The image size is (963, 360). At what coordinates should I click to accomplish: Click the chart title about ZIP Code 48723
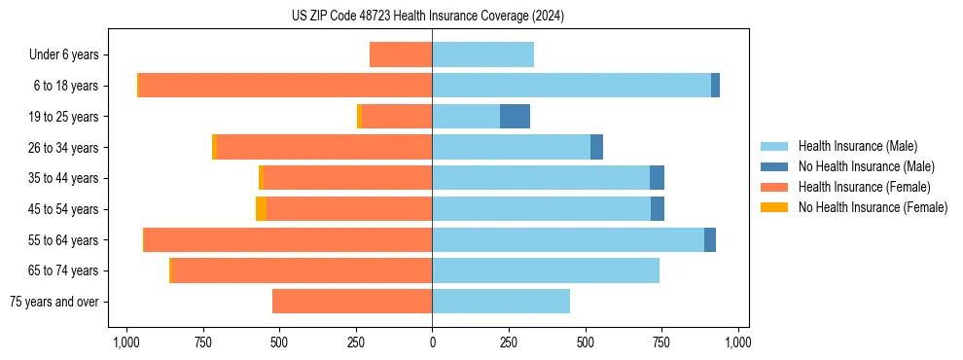(427, 17)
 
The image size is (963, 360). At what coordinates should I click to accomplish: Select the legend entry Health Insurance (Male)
(857, 146)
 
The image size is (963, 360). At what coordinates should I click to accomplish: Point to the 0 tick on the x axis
(432, 342)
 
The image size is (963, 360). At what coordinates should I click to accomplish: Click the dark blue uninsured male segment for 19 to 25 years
(515, 117)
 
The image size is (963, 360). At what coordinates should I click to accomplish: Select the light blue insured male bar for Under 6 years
(482, 54)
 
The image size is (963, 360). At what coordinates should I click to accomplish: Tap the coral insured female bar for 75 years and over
(352, 302)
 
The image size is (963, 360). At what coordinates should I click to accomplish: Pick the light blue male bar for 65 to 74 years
(546, 270)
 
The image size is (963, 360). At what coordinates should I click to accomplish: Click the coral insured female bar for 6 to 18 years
(285, 86)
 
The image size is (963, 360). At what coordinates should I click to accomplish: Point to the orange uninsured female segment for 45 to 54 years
(261, 209)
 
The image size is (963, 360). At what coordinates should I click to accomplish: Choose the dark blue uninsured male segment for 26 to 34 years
(596, 147)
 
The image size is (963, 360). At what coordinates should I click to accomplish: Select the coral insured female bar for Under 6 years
(401, 54)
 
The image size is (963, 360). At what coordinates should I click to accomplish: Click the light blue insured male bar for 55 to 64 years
(568, 239)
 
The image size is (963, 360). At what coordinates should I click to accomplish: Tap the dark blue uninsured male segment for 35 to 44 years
(657, 178)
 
